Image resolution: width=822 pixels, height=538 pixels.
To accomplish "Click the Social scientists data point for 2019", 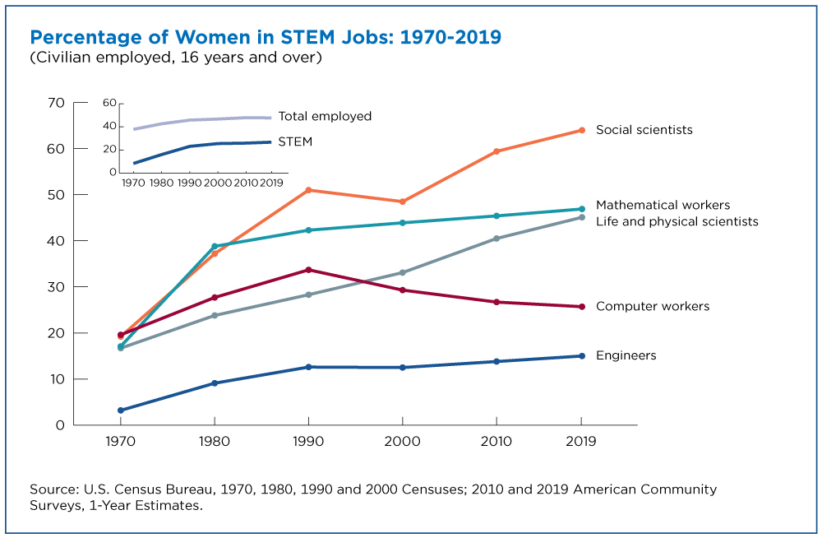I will (x=581, y=130).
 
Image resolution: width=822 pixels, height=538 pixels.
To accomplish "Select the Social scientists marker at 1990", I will (x=308, y=190).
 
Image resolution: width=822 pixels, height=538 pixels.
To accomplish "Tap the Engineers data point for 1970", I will (x=120, y=410).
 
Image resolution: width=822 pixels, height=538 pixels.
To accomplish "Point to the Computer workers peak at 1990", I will (x=308, y=270).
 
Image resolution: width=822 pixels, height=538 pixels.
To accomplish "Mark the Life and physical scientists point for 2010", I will (x=496, y=239).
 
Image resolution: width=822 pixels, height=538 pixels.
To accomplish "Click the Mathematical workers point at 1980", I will (x=215, y=246).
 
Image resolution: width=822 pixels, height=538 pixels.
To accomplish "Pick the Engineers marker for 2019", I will (x=581, y=356).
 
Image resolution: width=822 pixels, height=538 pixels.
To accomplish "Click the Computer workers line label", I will (x=652, y=306).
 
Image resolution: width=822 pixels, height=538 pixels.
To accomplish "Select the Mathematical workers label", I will (x=663, y=205).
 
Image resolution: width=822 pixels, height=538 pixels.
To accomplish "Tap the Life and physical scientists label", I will (x=677, y=221).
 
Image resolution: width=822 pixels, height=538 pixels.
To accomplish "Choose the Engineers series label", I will (x=626, y=355).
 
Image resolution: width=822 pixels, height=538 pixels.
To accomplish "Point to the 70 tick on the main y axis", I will (x=57, y=103).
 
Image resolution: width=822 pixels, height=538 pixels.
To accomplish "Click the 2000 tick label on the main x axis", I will (x=402, y=441).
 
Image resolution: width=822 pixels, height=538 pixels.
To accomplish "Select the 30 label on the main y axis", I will (x=57, y=287).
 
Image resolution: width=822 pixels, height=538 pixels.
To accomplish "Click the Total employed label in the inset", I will (x=325, y=116).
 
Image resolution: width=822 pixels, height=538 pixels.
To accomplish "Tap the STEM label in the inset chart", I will (x=295, y=141).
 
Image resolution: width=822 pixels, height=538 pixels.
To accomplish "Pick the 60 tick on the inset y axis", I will (x=108, y=103).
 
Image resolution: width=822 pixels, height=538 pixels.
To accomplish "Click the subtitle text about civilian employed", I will (x=175, y=58).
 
